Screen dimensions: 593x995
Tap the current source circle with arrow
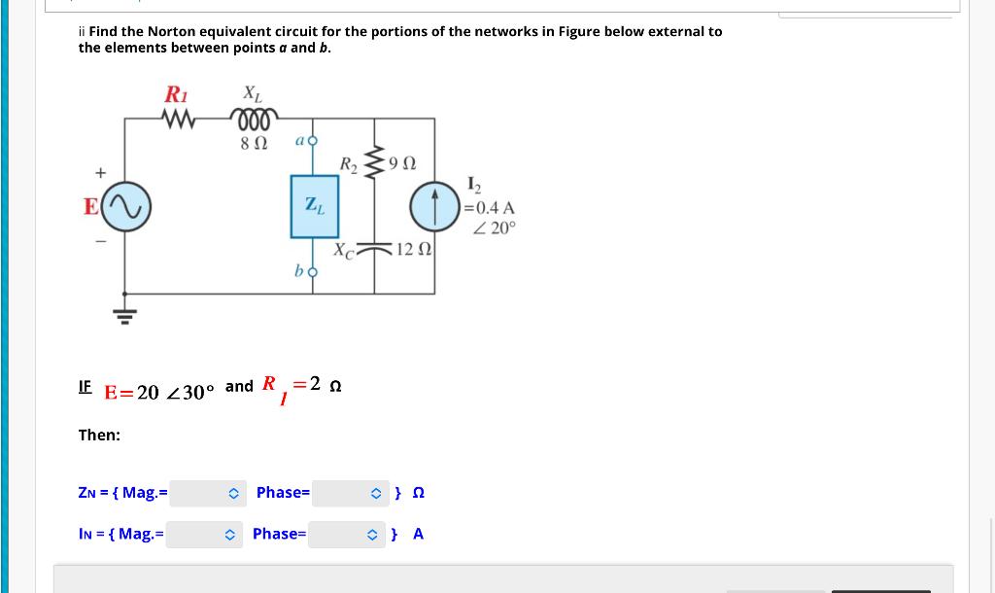(433, 205)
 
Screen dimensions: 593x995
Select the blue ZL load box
(315, 206)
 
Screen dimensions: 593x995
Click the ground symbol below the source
(124, 312)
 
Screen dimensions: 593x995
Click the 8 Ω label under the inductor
(254, 144)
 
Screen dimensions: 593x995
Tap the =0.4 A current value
(491, 207)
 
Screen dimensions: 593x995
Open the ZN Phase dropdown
(351, 493)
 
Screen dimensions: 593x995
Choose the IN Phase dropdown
(347, 534)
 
